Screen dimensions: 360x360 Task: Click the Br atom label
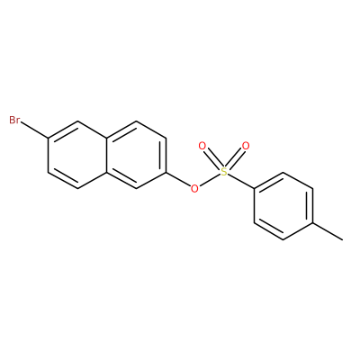(14, 120)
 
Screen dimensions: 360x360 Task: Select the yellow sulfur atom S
(224, 172)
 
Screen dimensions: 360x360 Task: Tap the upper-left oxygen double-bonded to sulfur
(202, 147)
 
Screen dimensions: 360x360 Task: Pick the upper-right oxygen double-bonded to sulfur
(246, 147)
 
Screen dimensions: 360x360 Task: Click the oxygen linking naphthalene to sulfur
(194, 189)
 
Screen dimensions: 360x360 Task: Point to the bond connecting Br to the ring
(34, 130)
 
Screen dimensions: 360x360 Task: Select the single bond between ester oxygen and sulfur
(210, 180)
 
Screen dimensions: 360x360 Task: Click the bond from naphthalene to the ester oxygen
(178, 179)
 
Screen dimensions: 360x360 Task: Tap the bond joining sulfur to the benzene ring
(241, 182)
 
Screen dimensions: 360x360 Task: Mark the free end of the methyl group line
(342, 239)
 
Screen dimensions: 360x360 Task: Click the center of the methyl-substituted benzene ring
(283, 206)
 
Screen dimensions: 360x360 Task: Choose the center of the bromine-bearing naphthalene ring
(77, 155)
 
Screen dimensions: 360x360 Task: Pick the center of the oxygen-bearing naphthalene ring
(137, 155)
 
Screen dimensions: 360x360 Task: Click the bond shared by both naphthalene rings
(107, 155)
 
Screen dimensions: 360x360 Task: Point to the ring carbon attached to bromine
(48, 139)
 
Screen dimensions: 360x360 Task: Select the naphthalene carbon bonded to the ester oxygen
(166, 172)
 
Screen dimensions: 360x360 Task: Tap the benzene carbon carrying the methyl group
(313, 223)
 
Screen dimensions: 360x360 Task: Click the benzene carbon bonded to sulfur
(254, 189)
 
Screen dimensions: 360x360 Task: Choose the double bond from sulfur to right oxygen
(235, 159)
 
